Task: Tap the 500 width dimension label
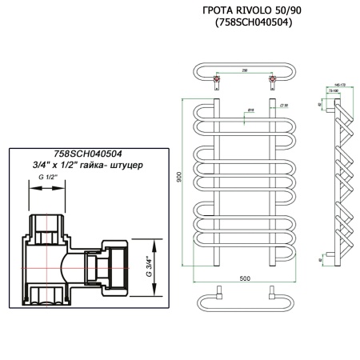pyautogui.click(x=245, y=278)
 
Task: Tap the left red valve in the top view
pyautogui.click(x=216, y=79)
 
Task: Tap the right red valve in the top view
pyautogui.click(x=274, y=79)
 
